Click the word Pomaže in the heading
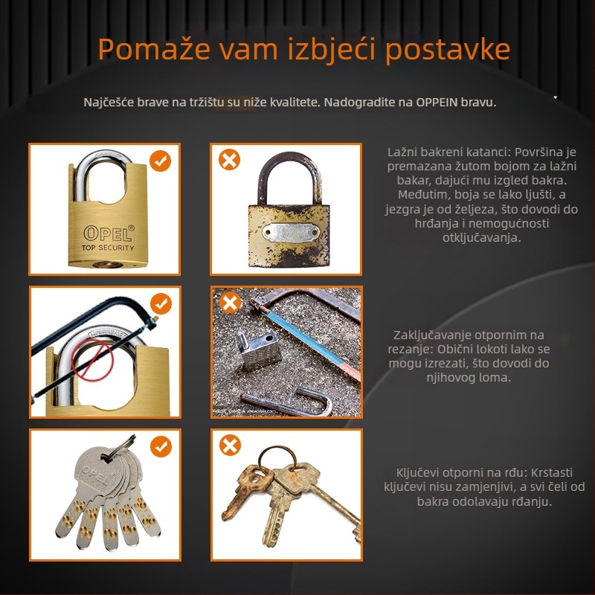[154, 48]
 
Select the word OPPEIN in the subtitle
[437, 103]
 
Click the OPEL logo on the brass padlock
[109, 233]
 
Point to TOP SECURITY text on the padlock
[108, 248]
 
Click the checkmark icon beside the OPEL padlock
[160, 161]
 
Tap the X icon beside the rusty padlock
[230, 159]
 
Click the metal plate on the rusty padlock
[291, 232]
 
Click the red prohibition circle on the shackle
[93, 360]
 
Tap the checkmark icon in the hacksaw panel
[161, 303]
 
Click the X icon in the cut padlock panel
[230, 303]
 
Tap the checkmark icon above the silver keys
[161, 446]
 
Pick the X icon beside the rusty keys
[230, 445]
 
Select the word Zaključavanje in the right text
[431, 335]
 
